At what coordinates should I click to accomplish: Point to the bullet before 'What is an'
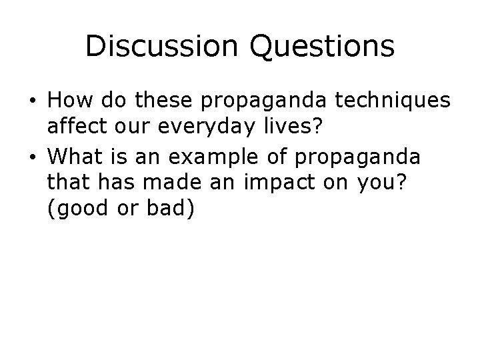(x=32, y=157)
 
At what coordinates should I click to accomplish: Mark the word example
(x=211, y=157)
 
